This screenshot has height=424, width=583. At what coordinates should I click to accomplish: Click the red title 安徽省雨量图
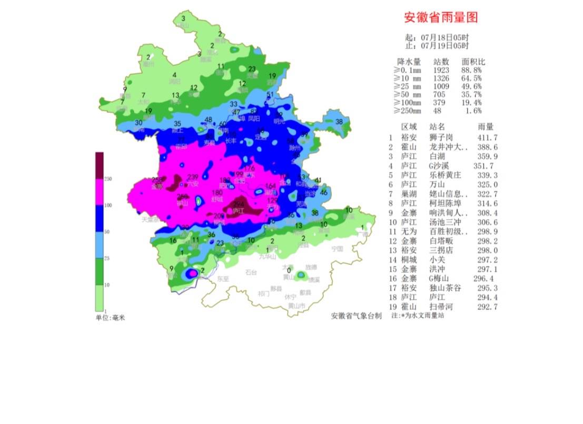(x=441, y=17)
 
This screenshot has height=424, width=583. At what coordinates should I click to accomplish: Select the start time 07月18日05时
(x=444, y=37)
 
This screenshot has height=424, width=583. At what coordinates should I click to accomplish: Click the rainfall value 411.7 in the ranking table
(x=487, y=137)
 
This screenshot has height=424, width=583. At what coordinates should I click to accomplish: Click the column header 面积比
(x=473, y=61)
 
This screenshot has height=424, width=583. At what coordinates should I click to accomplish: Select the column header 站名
(x=437, y=127)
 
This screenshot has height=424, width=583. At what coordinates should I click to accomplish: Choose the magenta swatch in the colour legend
(x=100, y=192)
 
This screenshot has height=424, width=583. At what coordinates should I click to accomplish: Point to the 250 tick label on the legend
(x=108, y=179)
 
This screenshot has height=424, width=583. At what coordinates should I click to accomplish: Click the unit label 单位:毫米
(x=110, y=317)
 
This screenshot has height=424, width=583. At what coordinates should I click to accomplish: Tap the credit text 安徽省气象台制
(x=356, y=316)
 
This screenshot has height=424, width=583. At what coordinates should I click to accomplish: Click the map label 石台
(x=251, y=273)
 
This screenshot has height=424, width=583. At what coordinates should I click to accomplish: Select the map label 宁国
(x=337, y=248)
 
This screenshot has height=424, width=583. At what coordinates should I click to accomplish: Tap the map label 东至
(x=223, y=279)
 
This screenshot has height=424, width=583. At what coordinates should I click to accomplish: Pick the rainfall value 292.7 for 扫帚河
(x=487, y=307)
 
